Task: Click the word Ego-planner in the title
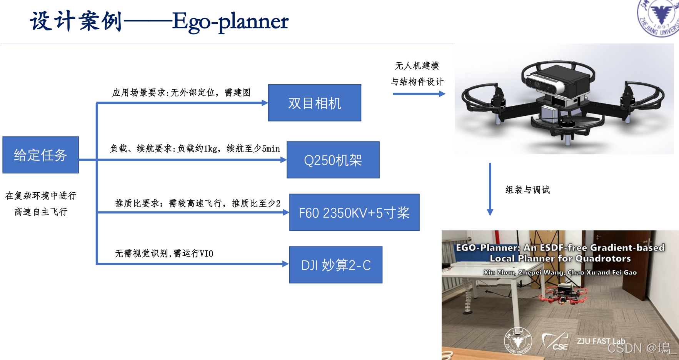(x=230, y=22)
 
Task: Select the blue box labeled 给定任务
(x=40, y=155)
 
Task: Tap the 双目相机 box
(x=314, y=103)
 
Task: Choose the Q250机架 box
(x=333, y=160)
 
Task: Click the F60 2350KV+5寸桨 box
(x=354, y=212)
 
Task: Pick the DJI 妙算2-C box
(x=335, y=265)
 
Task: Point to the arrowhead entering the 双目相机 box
(x=264, y=103)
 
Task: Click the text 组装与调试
(x=527, y=190)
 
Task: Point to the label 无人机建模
(x=417, y=66)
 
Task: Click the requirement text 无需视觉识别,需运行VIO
(x=164, y=253)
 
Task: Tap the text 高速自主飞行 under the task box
(x=41, y=212)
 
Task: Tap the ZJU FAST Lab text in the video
(x=601, y=341)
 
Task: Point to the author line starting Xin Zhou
(x=560, y=272)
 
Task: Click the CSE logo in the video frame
(x=555, y=342)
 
